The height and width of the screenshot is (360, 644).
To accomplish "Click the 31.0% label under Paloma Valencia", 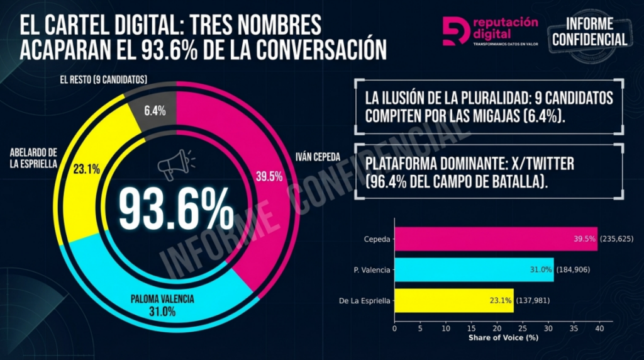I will (x=162, y=312).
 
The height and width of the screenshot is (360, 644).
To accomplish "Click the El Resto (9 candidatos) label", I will (x=103, y=80).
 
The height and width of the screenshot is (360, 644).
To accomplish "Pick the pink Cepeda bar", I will (x=496, y=239).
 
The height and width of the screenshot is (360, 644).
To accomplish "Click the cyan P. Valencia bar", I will (x=474, y=269).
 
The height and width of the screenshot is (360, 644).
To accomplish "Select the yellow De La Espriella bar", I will (x=453, y=300).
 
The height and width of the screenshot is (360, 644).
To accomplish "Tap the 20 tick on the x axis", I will (x=497, y=328).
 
